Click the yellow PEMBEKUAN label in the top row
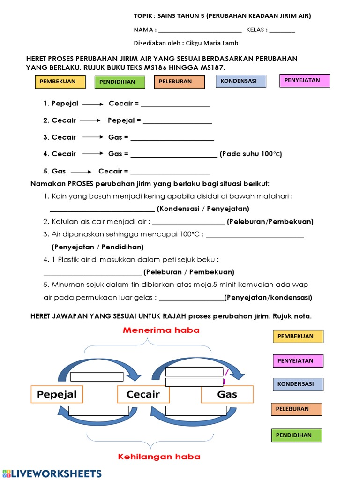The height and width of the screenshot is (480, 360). pyautogui.click(x=60, y=82)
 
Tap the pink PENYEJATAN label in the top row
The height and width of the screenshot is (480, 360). pyautogui.click(x=305, y=81)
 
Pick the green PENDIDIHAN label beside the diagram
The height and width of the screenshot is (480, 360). pyautogui.click(x=297, y=435)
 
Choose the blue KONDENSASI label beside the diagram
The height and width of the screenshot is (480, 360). pyautogui.click(x=298, y=384)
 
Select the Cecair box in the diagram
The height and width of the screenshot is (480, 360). pyautogui.click(x=143, y=394)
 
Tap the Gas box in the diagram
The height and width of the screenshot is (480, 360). pyautogui.click(x=227, y=394)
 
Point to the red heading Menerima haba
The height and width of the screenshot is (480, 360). pyautogui.click(x=161, y=330)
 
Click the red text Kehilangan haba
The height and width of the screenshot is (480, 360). pyautogui.click(x=159, y=456)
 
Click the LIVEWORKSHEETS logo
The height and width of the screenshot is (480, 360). pyautogui.click(x=52, y=473)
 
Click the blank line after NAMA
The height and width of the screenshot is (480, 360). pyautogui.click(x=200, y=30)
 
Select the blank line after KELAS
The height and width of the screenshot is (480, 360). pyautogui.click(x=282, y=30)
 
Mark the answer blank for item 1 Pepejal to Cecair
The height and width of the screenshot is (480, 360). pyautogui.click(x=175, y=104)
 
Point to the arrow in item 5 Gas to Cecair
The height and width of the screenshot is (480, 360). pyautogui.click(x=81, y=172)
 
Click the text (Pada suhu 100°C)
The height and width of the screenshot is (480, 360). pyautogui.click(x=251, y=154)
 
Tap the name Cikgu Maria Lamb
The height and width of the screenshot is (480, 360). pyautogui.click(x=212, y=43)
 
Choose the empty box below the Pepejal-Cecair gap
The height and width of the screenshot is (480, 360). pyautogui.click(x=98, y=411)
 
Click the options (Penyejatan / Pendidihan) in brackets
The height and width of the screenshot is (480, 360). pyautogui.click(x=97, y=247)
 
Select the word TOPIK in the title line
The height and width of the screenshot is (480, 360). pyautogui.click(x=143, y=16)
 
